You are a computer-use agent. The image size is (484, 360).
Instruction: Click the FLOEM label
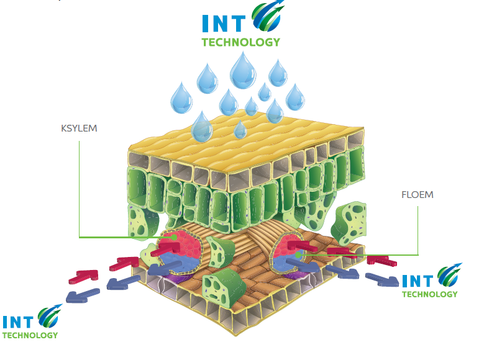tap(418, 194)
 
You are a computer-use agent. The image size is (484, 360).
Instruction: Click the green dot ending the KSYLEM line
tap(176, 236)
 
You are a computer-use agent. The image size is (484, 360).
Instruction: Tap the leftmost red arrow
tap(80, 274)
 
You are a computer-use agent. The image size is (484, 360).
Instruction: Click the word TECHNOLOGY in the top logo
tap(240, 42)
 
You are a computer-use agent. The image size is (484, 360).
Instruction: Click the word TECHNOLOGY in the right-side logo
tap(429, 294)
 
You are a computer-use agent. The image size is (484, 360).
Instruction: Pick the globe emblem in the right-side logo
tap(449, 276)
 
